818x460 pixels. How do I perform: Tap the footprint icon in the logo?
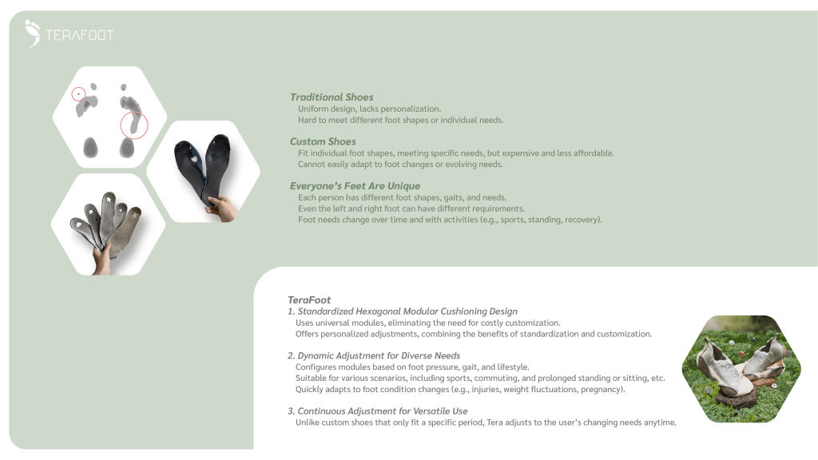[x=33, y=33]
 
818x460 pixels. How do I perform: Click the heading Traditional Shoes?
[x=332, y=97]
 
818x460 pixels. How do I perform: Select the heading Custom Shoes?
[x=323, y=141]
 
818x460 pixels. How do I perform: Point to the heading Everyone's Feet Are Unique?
[x=355, y=186]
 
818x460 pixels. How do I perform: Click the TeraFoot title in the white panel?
[x=309, y=300]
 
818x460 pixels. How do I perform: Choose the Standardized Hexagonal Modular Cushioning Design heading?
[x=403, y=311]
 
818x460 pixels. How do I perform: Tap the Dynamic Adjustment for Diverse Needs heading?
[x=374, y=355]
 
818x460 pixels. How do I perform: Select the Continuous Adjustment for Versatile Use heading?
[x=377, y=411]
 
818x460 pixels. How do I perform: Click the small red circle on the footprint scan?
[x=78, y=94]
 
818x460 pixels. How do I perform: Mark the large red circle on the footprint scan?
[x=134, y=125]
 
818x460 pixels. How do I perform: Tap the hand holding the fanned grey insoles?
[x=101, y=262]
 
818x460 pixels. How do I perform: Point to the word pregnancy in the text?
[x=602, y=390]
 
